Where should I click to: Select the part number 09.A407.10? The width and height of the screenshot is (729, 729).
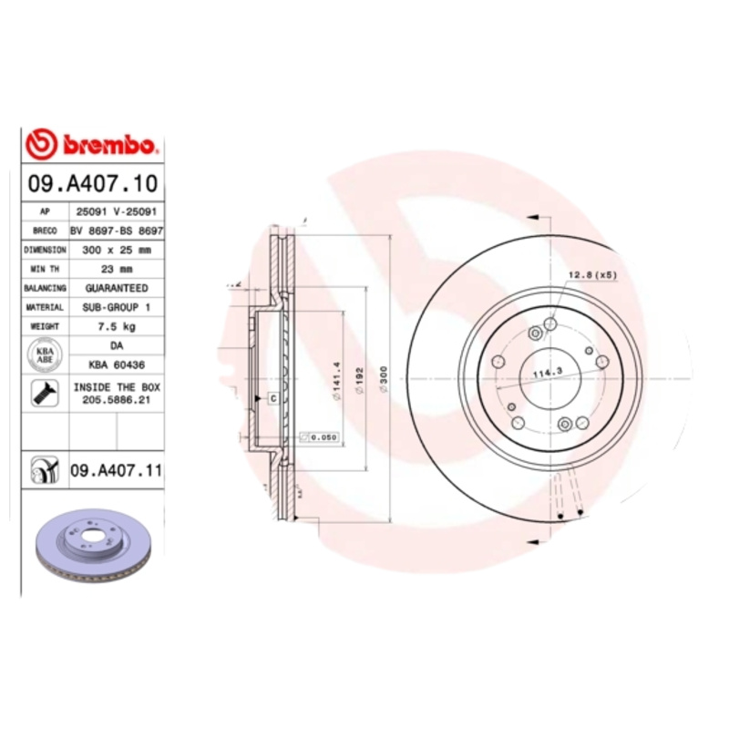pos(93,184)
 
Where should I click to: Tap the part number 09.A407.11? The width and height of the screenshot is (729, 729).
pos(116,470)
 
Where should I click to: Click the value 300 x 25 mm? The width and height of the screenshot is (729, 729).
pos(116,249)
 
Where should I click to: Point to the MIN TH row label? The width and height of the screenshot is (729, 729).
pos(45,269)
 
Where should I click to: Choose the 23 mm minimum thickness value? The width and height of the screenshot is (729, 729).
pos(116,269)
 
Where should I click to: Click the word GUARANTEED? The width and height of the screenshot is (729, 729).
pos(116,288)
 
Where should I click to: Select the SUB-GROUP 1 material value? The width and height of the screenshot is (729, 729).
pos(116,307)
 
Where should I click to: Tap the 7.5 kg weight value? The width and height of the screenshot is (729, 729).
pos(116,326)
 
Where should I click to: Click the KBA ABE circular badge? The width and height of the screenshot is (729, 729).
pos(45,354)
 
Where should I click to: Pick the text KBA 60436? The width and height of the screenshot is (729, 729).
pos(116,364)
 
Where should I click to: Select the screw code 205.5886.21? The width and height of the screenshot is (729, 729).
pos(116,398)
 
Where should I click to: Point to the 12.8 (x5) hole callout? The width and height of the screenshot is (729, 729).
pos(593,274)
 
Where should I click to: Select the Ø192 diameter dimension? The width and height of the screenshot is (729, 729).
pos(362,376)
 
